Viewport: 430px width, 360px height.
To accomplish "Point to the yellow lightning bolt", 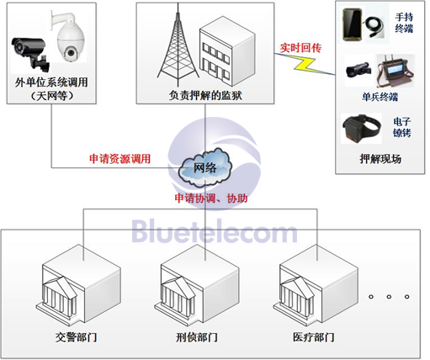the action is click(x=305, y=64).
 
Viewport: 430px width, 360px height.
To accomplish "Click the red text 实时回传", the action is click(x=300, y=48).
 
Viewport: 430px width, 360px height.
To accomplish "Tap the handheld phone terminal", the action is click(x=353, y=25).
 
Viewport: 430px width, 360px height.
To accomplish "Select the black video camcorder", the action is click(x=358, y=70).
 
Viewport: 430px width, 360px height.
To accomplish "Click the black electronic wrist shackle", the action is click(x=361, y=128).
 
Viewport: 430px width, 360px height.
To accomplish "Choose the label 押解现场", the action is click(x=380, y=159).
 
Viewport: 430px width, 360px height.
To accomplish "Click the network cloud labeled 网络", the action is click(x=205, y=167).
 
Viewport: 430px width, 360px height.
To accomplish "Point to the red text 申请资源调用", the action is click(x=120, y=159).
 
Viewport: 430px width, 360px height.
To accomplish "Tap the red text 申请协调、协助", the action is click(x=211, y=199).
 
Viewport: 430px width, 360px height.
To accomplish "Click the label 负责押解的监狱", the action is click(x=205, y=96).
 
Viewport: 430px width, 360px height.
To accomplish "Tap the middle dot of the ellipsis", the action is click(x=389, y=296).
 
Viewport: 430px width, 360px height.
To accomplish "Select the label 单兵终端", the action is click(x=380, y=97).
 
